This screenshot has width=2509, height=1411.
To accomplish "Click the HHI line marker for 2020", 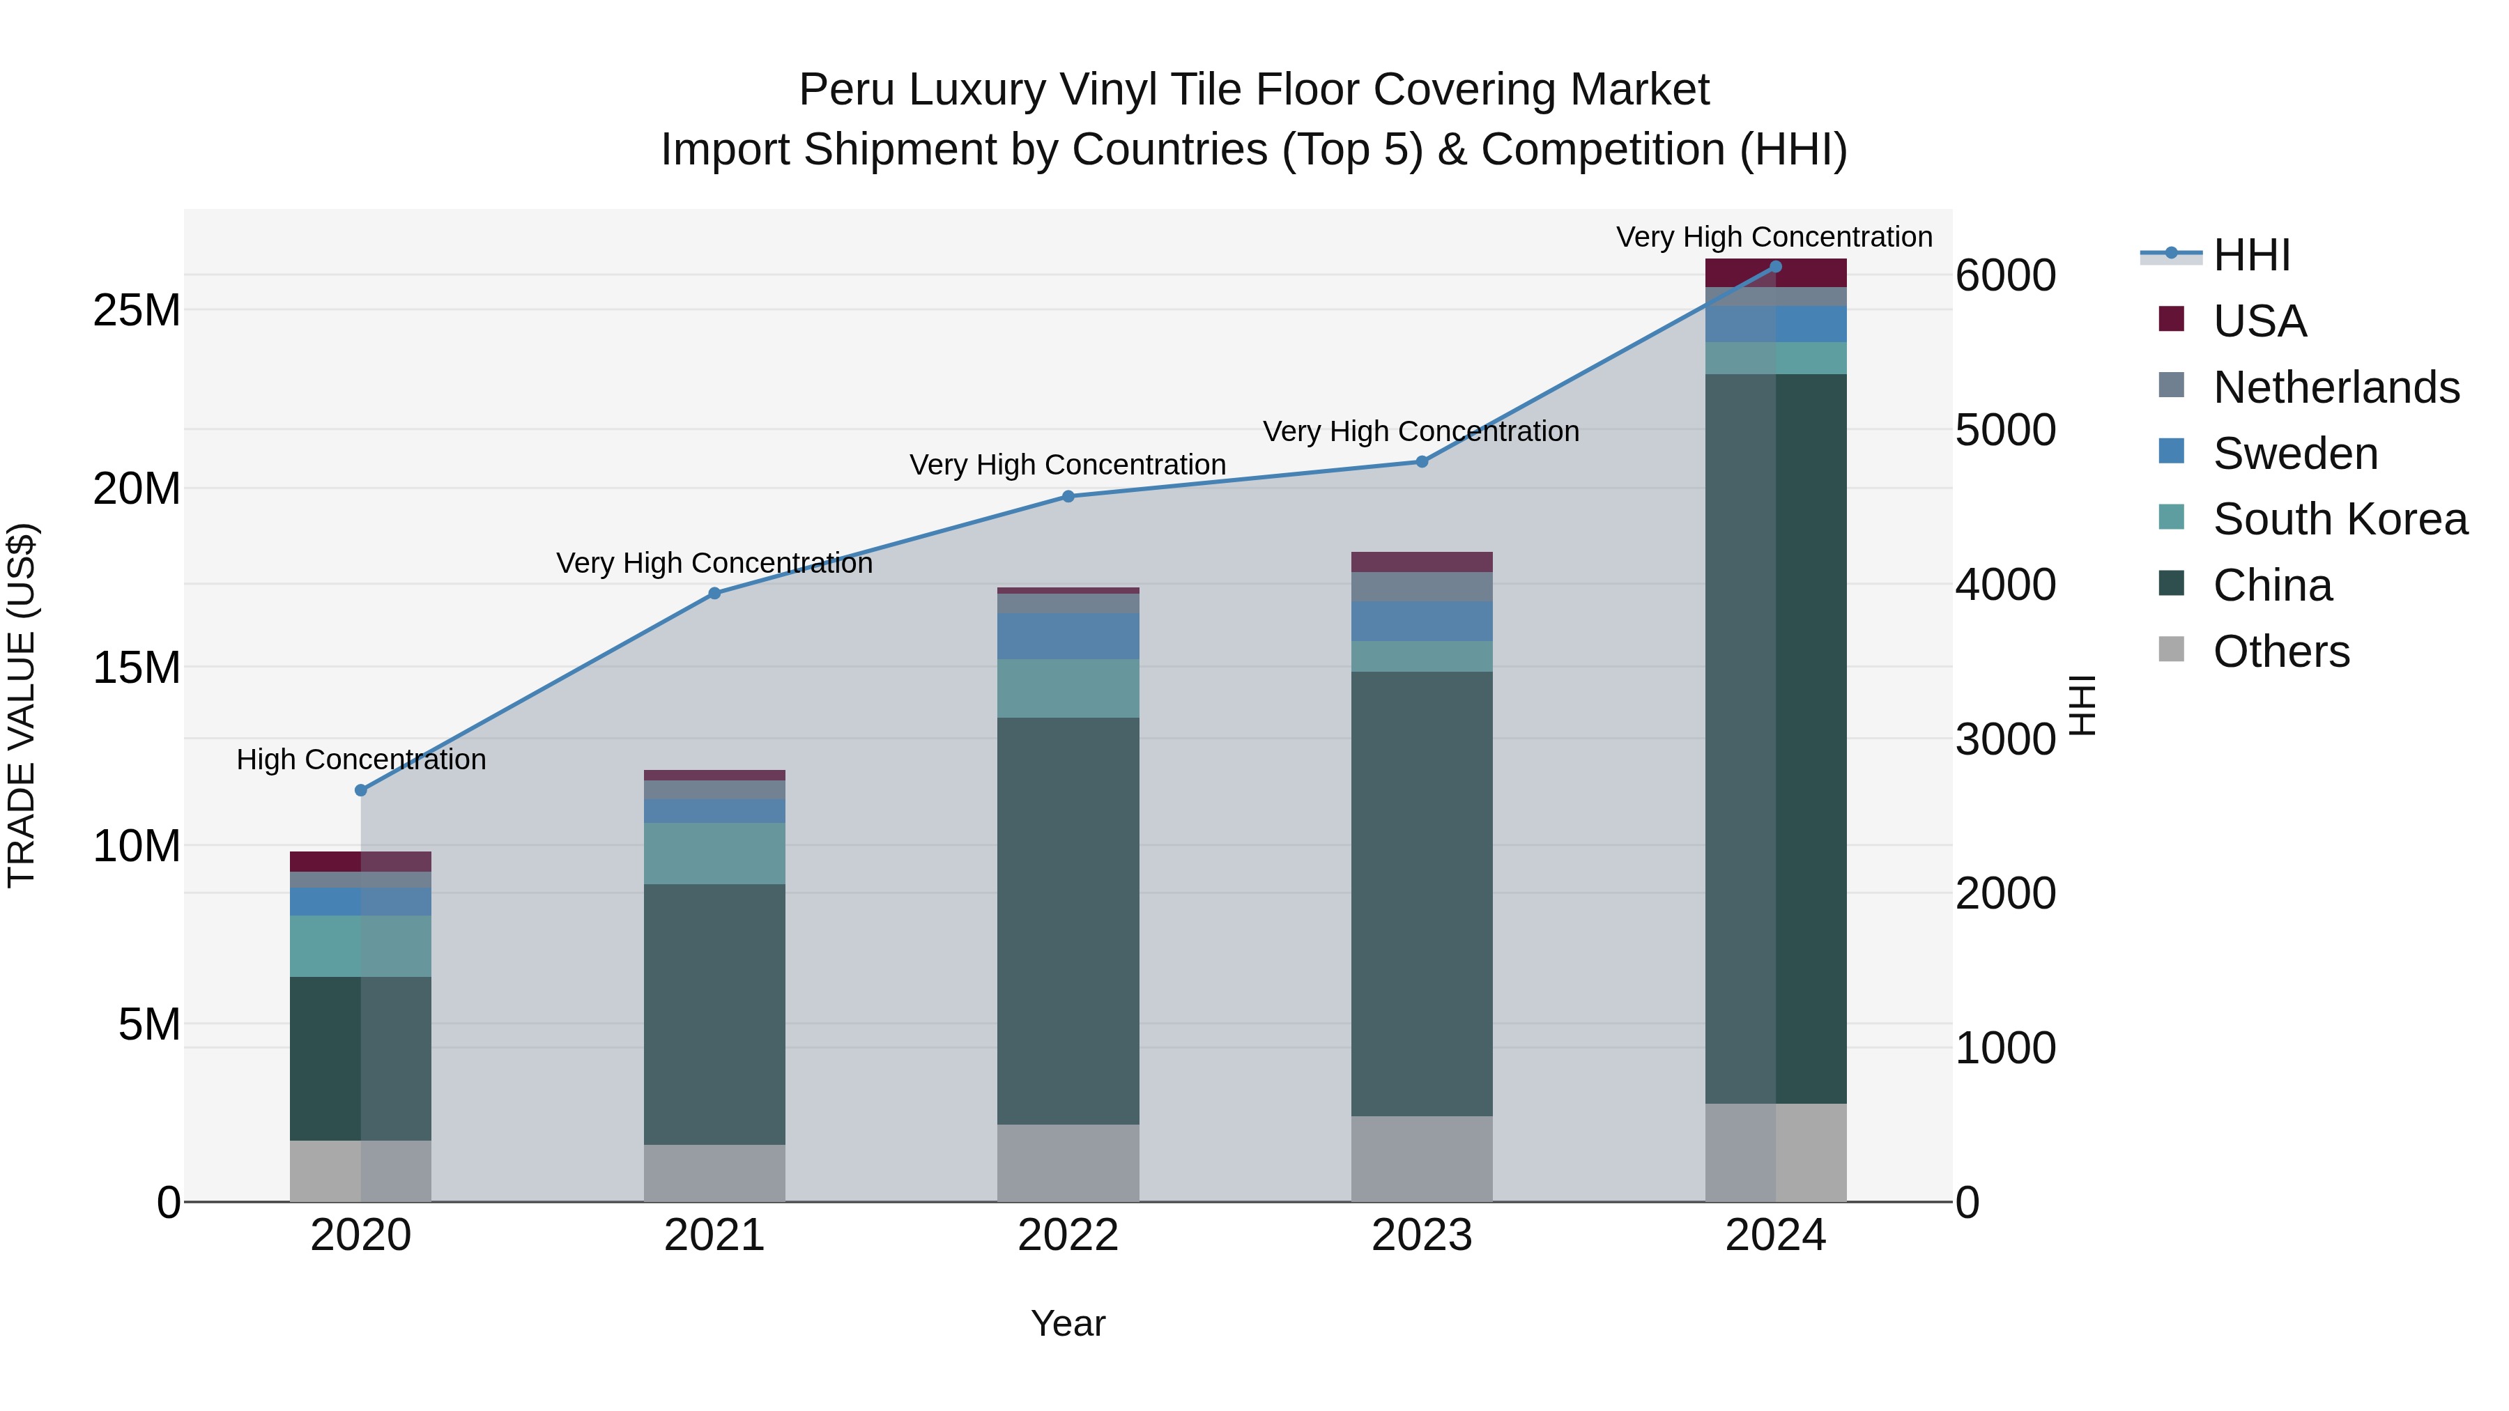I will pyautogui.click(x=360, y=789).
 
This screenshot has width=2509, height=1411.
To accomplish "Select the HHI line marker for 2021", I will pyautogui.click(x=714, y=593).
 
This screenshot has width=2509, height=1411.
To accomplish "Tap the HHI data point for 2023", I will pyautogui.click(x=1421, y=461).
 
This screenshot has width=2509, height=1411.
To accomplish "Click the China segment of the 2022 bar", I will pyautogui.click(x=1068, y=920).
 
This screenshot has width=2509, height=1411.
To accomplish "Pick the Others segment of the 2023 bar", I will pyautogui.click(x=1421, y=1158).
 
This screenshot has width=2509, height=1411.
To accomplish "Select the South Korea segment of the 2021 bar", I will pyautogui.click(x=714, y=853).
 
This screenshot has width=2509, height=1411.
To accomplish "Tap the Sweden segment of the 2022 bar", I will pyautogui.click(x=1068, y=636).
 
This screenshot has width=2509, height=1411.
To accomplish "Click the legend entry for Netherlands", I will pyautogui.click(x=2335, y=387).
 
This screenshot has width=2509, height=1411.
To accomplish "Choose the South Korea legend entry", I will pyautogui.click(x=2340, y=519).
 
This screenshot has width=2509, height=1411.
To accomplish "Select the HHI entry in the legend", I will pyautogui.click(x=2250, y=255).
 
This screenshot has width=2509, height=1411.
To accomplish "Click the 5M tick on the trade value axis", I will pyautogui.click(x=148, y=1024).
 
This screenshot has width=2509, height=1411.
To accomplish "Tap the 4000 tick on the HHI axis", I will pyautogui.click(x=2005, y=585).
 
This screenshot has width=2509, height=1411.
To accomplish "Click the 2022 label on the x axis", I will pyautogui.click(x=1068, y=1235).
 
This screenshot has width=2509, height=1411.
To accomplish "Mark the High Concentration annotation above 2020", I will pyautogui.click(x=360, y=760).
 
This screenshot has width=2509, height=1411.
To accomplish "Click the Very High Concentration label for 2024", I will pyautogui.click(x=1774, y=237).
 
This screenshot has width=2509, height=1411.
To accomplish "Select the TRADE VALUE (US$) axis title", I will pyautogui.click(x=22, y=705).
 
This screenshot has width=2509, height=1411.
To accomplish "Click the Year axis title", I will pyautogui.click(x=1068, y=1323).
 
